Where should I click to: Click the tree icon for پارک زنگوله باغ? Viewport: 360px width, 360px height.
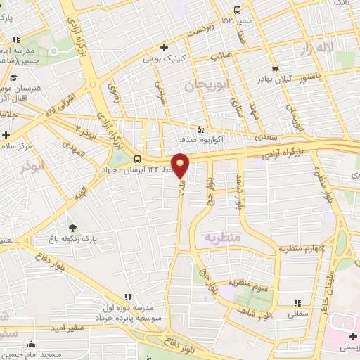click(x=73, y=227)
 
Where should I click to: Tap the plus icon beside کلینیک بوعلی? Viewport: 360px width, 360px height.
click(x=163, y=48)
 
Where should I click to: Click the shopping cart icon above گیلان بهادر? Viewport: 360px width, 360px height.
click(x=274, y=69)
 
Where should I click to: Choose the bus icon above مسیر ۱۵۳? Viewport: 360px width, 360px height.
click(x=237, y=10)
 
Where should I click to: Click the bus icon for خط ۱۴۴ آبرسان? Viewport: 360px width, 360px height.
click(x=138, y=158)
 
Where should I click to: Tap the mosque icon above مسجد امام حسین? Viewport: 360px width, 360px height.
click(x=32, y=344)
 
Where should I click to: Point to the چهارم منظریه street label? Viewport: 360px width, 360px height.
click(x=304, y=247)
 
